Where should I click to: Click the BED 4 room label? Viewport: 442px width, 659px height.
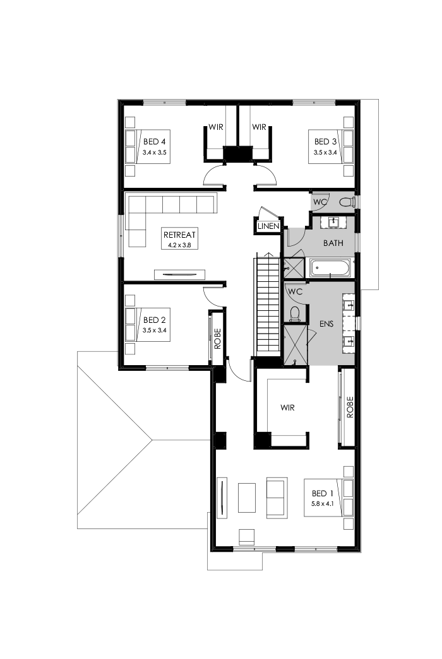(154, 141)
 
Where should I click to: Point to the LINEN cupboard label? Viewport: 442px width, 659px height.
(268, 226)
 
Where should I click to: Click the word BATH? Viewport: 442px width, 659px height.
(333, 243)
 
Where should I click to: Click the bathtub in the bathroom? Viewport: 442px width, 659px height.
(331, 269)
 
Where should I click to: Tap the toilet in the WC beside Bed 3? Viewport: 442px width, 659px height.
(345, 202)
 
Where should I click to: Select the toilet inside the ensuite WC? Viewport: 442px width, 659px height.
(293, 312)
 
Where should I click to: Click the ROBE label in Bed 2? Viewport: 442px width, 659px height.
(217, 338)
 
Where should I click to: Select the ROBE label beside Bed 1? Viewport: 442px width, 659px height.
(349, 407)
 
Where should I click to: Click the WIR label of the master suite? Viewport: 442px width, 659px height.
(288, 407)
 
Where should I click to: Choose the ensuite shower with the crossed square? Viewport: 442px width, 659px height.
(294, 344)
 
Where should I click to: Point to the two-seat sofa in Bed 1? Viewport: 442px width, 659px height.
(277, 497)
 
